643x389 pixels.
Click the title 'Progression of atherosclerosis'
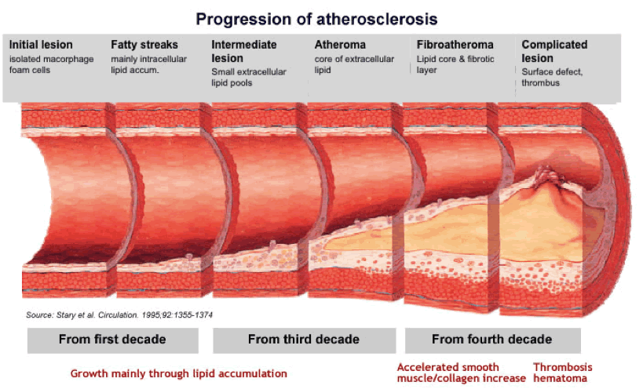(316, 20)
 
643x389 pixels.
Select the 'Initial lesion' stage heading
(41, 45)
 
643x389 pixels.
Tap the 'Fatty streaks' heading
(144, 45)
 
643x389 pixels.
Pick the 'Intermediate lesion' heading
(244, 51)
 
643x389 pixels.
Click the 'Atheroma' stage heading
(340, 45)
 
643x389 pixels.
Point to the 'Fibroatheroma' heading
(455, 45)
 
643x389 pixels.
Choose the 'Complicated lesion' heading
(554, 51)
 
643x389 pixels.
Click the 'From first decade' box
(113, 340)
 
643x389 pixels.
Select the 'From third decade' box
(305, 340)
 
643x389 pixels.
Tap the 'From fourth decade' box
(492, 340)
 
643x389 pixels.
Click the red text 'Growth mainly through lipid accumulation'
(179, 373)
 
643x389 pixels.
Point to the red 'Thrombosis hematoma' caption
(563, 373)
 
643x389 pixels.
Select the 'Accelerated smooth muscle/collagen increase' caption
(462, 373)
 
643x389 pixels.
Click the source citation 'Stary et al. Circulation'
(119, 314)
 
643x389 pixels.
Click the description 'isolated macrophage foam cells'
(51, 64)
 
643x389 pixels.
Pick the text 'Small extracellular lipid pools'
(249, 78)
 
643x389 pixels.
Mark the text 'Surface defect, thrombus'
(552, 78)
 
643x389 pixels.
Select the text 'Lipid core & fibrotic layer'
(455, 64)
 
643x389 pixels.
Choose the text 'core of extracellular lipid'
(354, 64)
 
